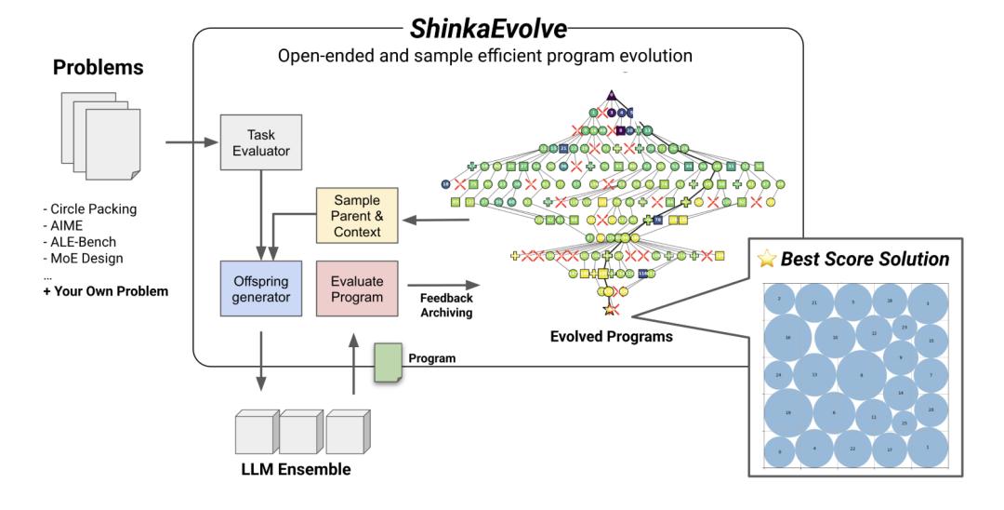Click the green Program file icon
(x=387, y=357)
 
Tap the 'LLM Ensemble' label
(x=295, y=470)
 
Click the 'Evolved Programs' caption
(x=612, y=337)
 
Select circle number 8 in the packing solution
(x=862, y=375)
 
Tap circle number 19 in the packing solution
(x=788, y=412)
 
